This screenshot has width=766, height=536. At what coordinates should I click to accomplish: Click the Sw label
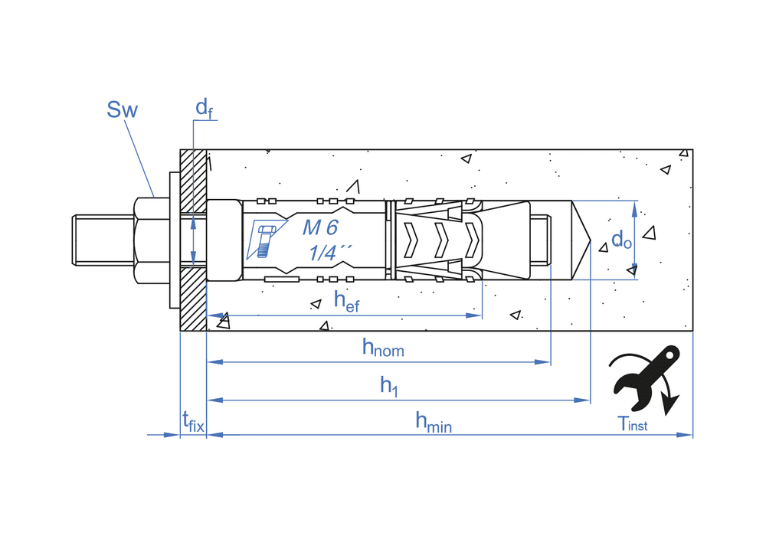click(x=122, y=110)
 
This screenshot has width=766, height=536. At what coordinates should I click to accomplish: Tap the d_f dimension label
click(x=203, y=109)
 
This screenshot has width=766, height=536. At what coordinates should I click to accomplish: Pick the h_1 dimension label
click(x=390, y=387)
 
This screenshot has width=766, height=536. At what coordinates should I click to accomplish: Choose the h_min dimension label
click(x=433, y=421)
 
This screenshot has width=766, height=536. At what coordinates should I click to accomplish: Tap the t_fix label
click(x=193, y=421)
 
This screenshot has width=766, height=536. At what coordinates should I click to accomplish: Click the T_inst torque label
click(x=633, y=423)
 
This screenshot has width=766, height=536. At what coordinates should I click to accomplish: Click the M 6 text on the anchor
click(x=319, y=227)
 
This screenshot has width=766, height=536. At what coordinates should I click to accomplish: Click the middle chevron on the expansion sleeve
click(x=441, y=239)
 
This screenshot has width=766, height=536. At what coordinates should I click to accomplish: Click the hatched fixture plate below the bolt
click(x=193, y=299)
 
